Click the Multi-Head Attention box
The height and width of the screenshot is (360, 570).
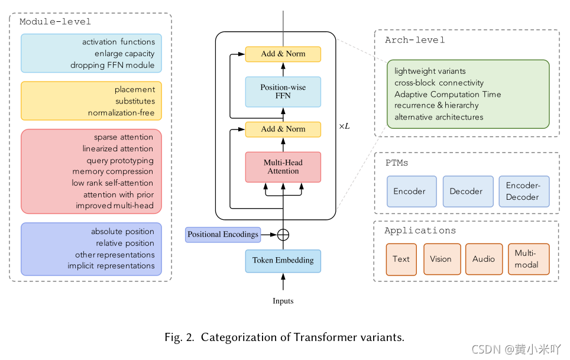pyautogui.click(x=283, y=167)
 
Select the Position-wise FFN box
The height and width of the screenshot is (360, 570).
pyautogui.click(x=283, y=92)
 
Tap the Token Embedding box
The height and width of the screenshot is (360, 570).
pyautogui.click(x=283, y=260)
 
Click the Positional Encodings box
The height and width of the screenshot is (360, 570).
pyautogui.click(x=223, y=235)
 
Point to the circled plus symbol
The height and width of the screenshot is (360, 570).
pyautogui.click(x=283, y=235)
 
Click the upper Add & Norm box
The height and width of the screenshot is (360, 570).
pyautogui.click(x=283, y=54)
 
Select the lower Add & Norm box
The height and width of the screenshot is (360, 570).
pyautogui.click(x=283, y=129)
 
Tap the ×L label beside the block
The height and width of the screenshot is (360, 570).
pyautogui.click(x=344, y=126)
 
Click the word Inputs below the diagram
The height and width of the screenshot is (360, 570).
pyautogui.click(x=283, y=301)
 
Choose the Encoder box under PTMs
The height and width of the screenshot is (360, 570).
pyautogui.click(x=411, y=192)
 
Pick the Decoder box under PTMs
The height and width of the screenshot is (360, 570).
pyautogui.click(x=468, y=192)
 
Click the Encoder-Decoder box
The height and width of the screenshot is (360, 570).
pyautogui.click(x=523, y=192)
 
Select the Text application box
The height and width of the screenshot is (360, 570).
pyautogui.click(x=401, y=259)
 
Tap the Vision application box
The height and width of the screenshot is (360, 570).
pyautogui.click(x=441, y=259)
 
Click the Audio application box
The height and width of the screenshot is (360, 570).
pyautogui.click(x=483, y=259)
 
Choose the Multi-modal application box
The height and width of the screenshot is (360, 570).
pyautogui.click(x=527, y=259)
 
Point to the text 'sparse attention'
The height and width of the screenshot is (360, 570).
pyautogui.click(x=124, y=137)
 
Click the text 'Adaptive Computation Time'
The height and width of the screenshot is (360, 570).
pyautogui.click(x=448, y=94)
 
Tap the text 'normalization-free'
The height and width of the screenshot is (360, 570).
pyautogui.click(x=121, y=112)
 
